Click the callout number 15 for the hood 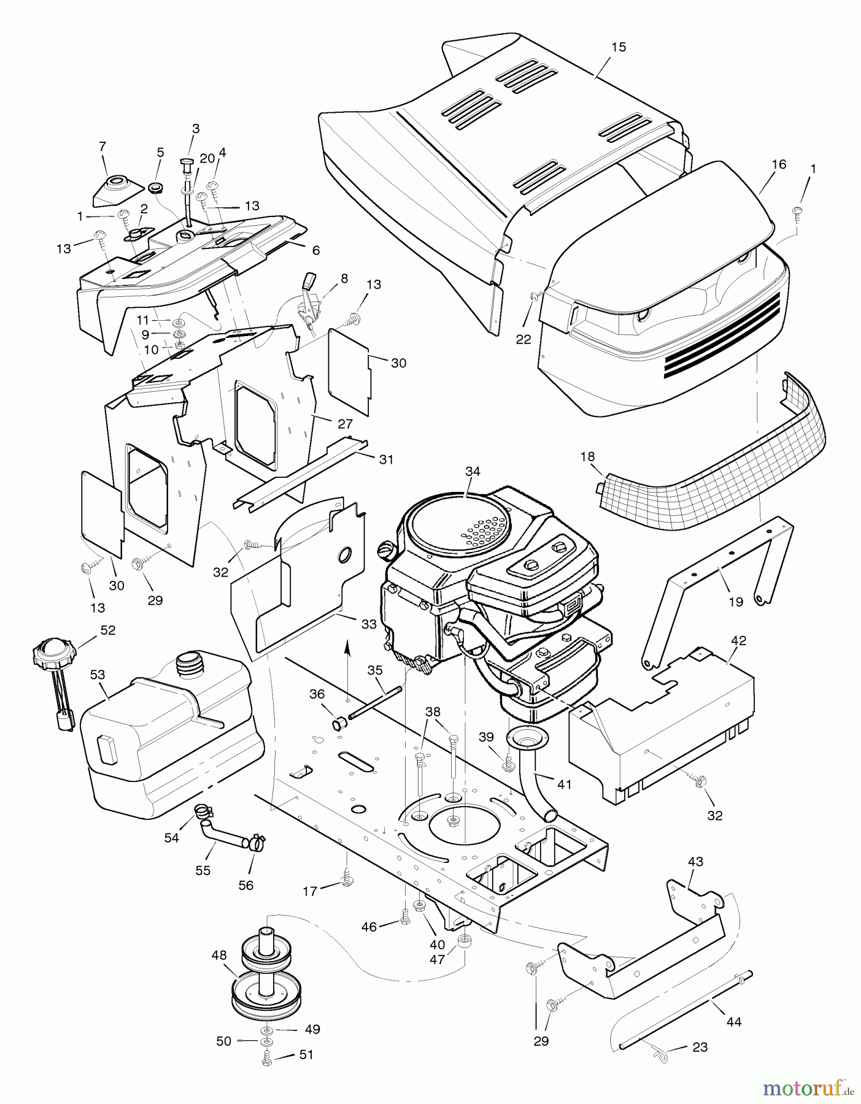tap(619, 47)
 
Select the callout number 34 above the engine tap(473, 472)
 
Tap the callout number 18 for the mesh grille tap(587, 457)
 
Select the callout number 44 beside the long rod tap(734, 1021)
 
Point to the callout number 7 tap(102, 146)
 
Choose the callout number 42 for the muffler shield tap(739, 640)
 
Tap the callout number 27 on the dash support tap(346, 423)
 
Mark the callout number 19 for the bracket tap(735, 602)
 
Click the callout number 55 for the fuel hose tap(203, 870)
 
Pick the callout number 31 tap(386, 459)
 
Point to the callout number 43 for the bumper tap(695, 861)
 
